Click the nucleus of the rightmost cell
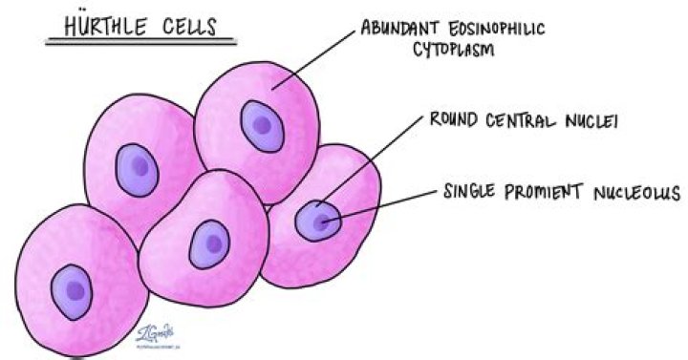(316, 222)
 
